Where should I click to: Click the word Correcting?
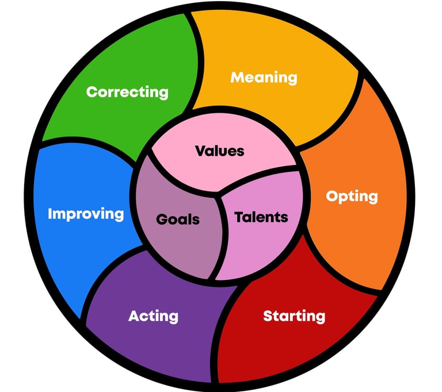(x=127, y=91)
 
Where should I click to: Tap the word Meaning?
(x=264, y=77)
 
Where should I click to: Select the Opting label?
(x=352, y=196)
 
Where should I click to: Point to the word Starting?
(x=294, y=316)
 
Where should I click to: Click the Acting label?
(x=153, y=316)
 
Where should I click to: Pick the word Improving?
(x=86, y=214)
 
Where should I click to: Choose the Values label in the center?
(x=219, y=151)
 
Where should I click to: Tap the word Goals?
(x=178, y=219)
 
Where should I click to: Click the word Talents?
(x=261, y=217)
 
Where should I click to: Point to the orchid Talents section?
(x=259, y=247)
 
